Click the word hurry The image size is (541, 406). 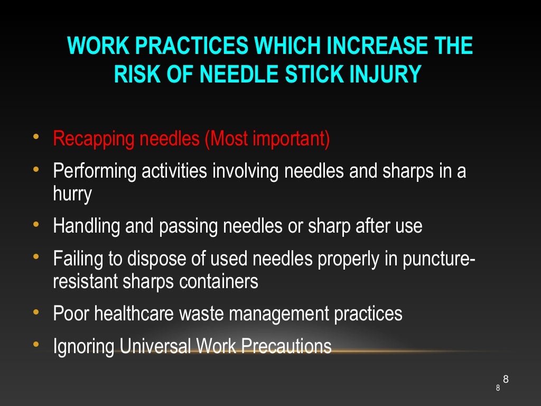72,194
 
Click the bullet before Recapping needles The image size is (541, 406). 35,138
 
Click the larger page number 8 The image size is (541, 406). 506,379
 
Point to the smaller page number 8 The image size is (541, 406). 498,389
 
